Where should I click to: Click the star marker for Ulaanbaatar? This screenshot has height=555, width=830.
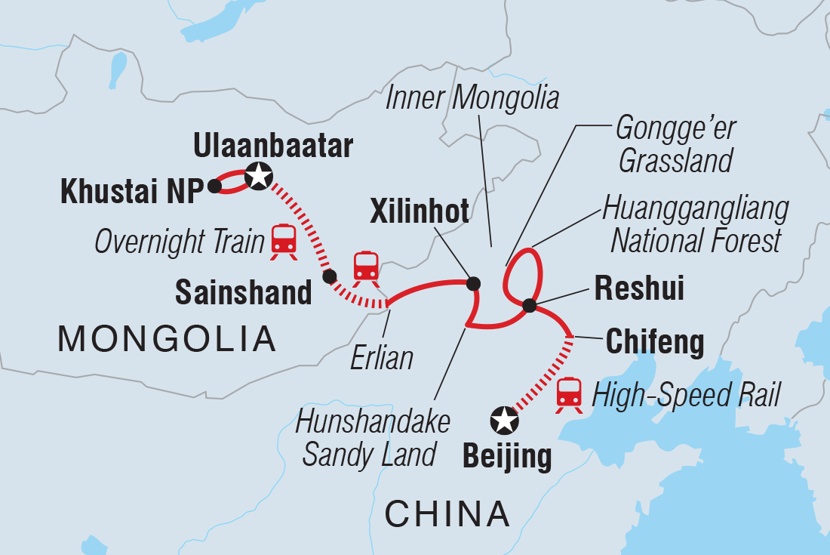[x=259, y=176]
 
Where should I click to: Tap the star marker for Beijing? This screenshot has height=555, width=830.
[x=504, y=420]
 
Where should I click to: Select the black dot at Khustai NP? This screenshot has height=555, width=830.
[x=214, y=185]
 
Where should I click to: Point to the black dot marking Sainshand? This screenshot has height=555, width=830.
[x=329, y=276]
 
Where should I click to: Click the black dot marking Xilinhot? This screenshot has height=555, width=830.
[x=473, y=284]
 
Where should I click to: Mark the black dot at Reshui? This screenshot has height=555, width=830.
[x=530, y=306]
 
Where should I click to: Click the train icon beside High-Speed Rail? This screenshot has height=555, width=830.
[x=570, y=394]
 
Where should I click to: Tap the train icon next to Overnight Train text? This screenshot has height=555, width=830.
[x=284, y=241]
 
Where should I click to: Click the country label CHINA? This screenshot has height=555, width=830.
[x=447, y=514]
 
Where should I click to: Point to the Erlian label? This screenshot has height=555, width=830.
[x=382, y=357]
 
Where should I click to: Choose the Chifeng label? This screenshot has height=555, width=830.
[x=655, y=343]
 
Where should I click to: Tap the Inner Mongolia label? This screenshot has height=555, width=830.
[x=472, y=99]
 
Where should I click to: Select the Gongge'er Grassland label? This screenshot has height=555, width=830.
[x=674, y=144]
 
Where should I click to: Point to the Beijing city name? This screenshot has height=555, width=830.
[x=505, y=458]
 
